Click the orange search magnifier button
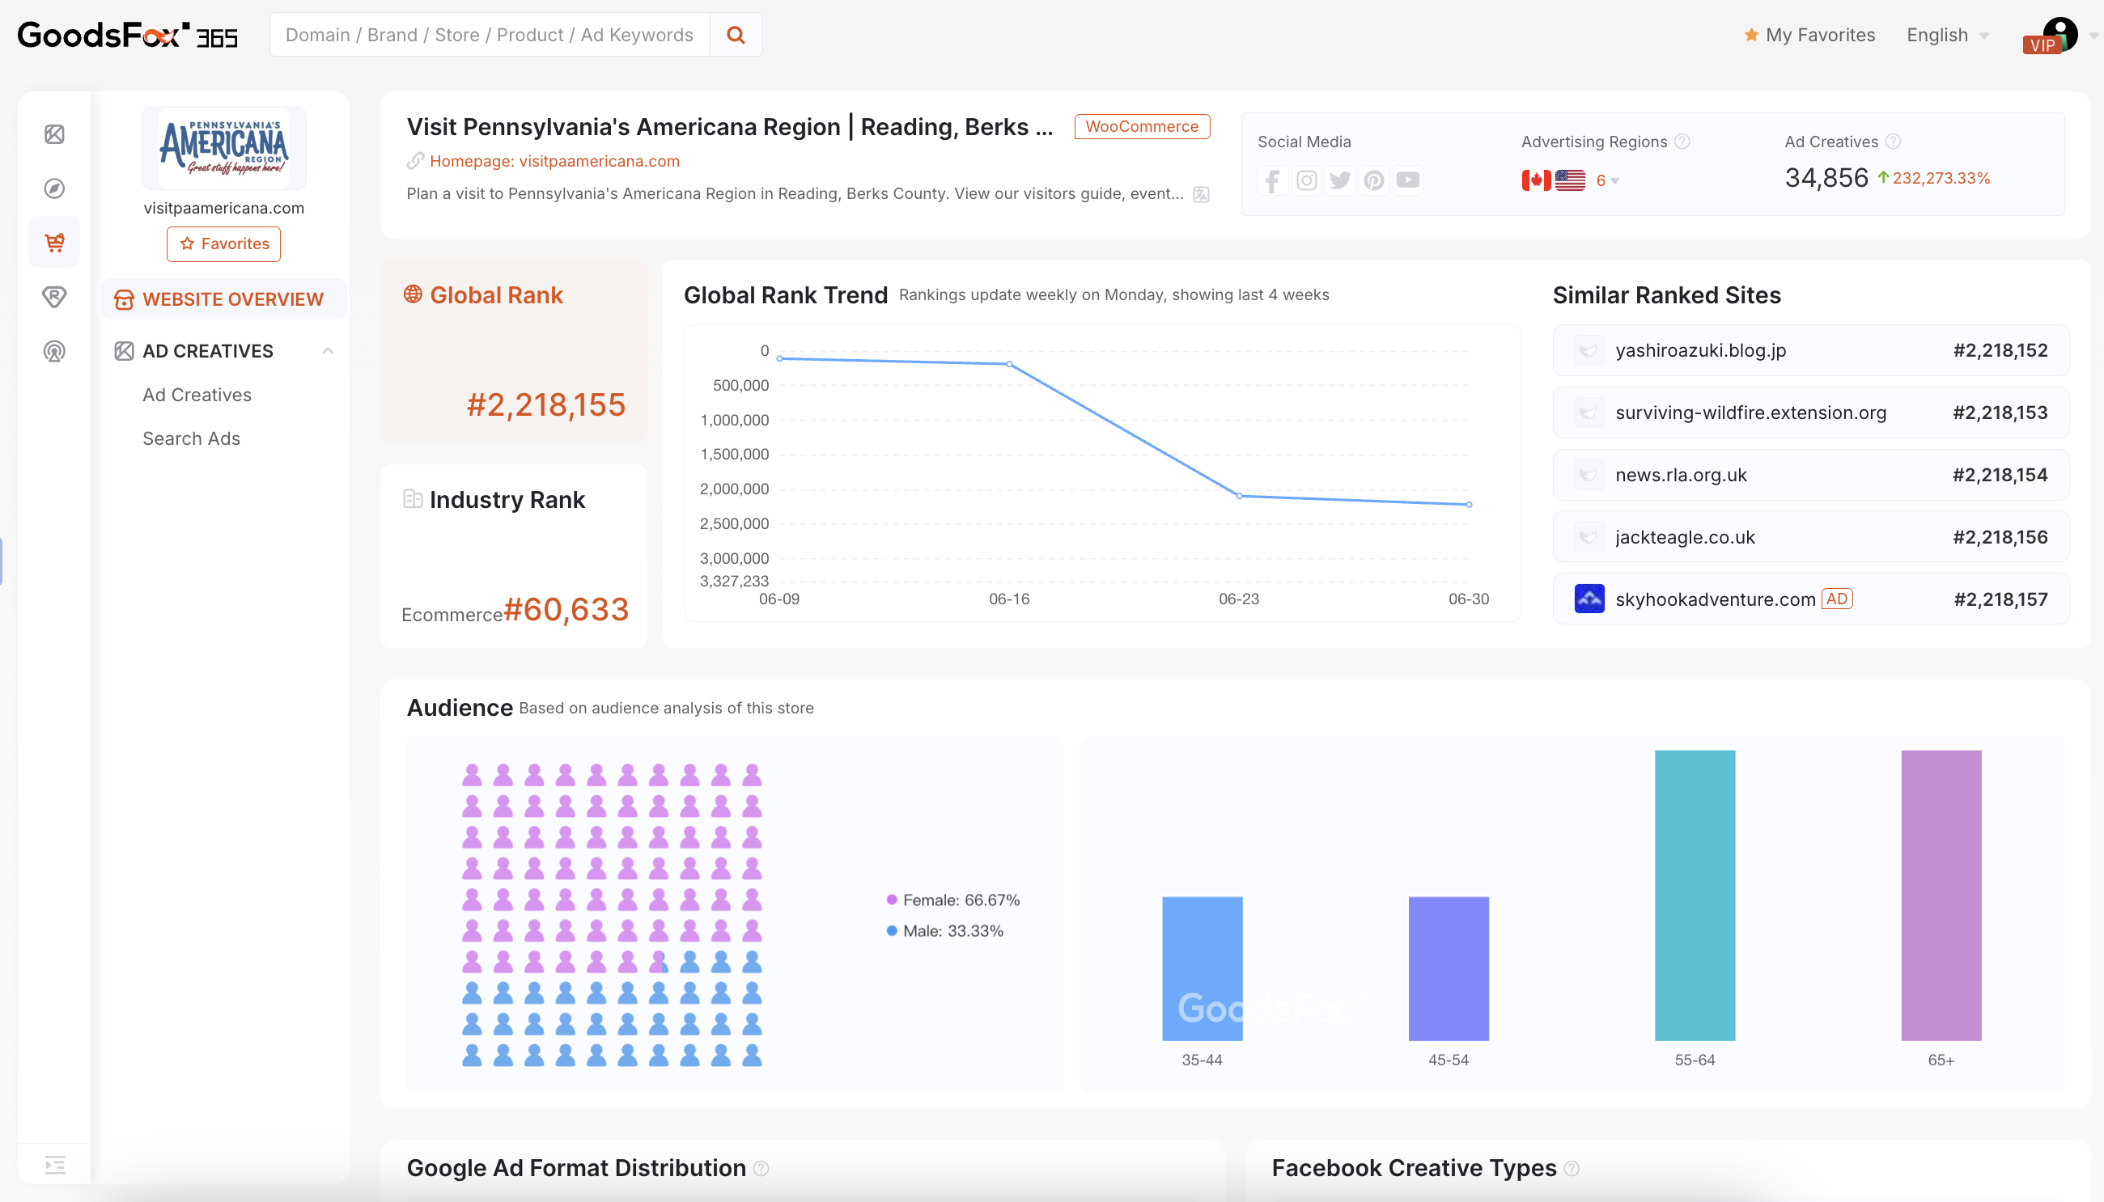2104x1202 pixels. [x=736, y=35]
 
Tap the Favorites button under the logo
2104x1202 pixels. [x=224, y=243]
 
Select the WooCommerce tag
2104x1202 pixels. [x=1141, y=126]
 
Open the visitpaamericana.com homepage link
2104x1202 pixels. [x=554, y=161]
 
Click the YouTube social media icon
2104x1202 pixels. [x=1407, y=180]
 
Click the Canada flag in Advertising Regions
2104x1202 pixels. [x=1535, y=180]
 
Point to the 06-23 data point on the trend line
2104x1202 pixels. [x=1239, y=496]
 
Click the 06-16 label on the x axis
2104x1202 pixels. [x=1008, y=599]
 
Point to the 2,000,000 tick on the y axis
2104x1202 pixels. [x=734, y=489]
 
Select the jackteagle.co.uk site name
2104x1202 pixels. [x=1685, y=537]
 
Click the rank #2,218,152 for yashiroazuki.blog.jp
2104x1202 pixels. [x=1999, y=350]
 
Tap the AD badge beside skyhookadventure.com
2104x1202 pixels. [x=1836, y=599]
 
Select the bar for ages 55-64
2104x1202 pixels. [x=1695, y=895]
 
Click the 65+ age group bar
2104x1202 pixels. [x=1941, y=895]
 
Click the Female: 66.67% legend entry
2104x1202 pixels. [x=961, y=899]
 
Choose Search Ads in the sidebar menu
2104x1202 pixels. [x=192, y=438]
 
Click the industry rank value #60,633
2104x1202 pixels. [x=566, y=609]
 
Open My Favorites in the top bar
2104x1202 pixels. [x=1810, y=35]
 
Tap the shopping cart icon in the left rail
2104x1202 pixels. [x=54, y=243]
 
